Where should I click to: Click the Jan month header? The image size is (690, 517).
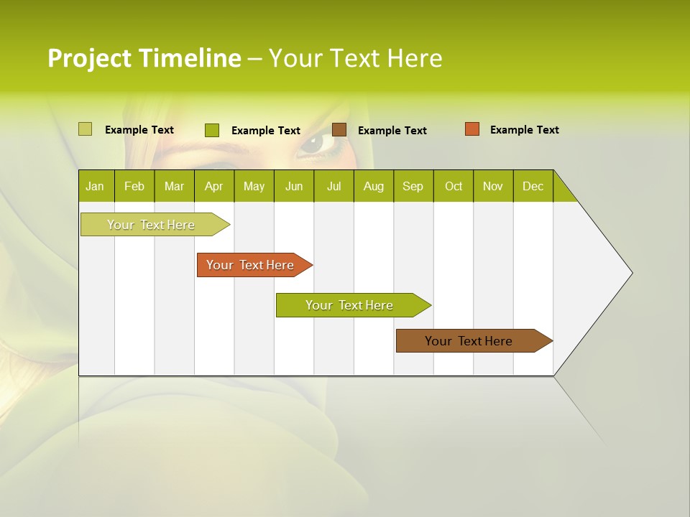coord(96,186)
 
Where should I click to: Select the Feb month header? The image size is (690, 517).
coord(134,186)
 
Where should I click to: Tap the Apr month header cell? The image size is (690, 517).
coord(214,186)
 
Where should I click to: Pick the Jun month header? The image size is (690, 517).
coord(294,186)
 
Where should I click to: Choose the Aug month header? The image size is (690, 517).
coord(374,186)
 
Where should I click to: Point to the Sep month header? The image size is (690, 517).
coord(413,186)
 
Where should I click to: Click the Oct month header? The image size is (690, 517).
coord(454,186)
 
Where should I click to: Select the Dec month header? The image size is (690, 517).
coord(533,186)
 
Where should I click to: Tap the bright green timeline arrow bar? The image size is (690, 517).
coord(350,305)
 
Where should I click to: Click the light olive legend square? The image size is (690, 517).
coord(85,129)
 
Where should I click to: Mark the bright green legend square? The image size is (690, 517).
coord(211,130)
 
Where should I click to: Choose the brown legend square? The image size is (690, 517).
coord(339,129)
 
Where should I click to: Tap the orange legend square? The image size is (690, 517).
coord(471,129)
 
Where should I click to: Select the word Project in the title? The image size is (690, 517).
coord(90,58)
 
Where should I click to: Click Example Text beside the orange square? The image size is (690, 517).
coord(524,130)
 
